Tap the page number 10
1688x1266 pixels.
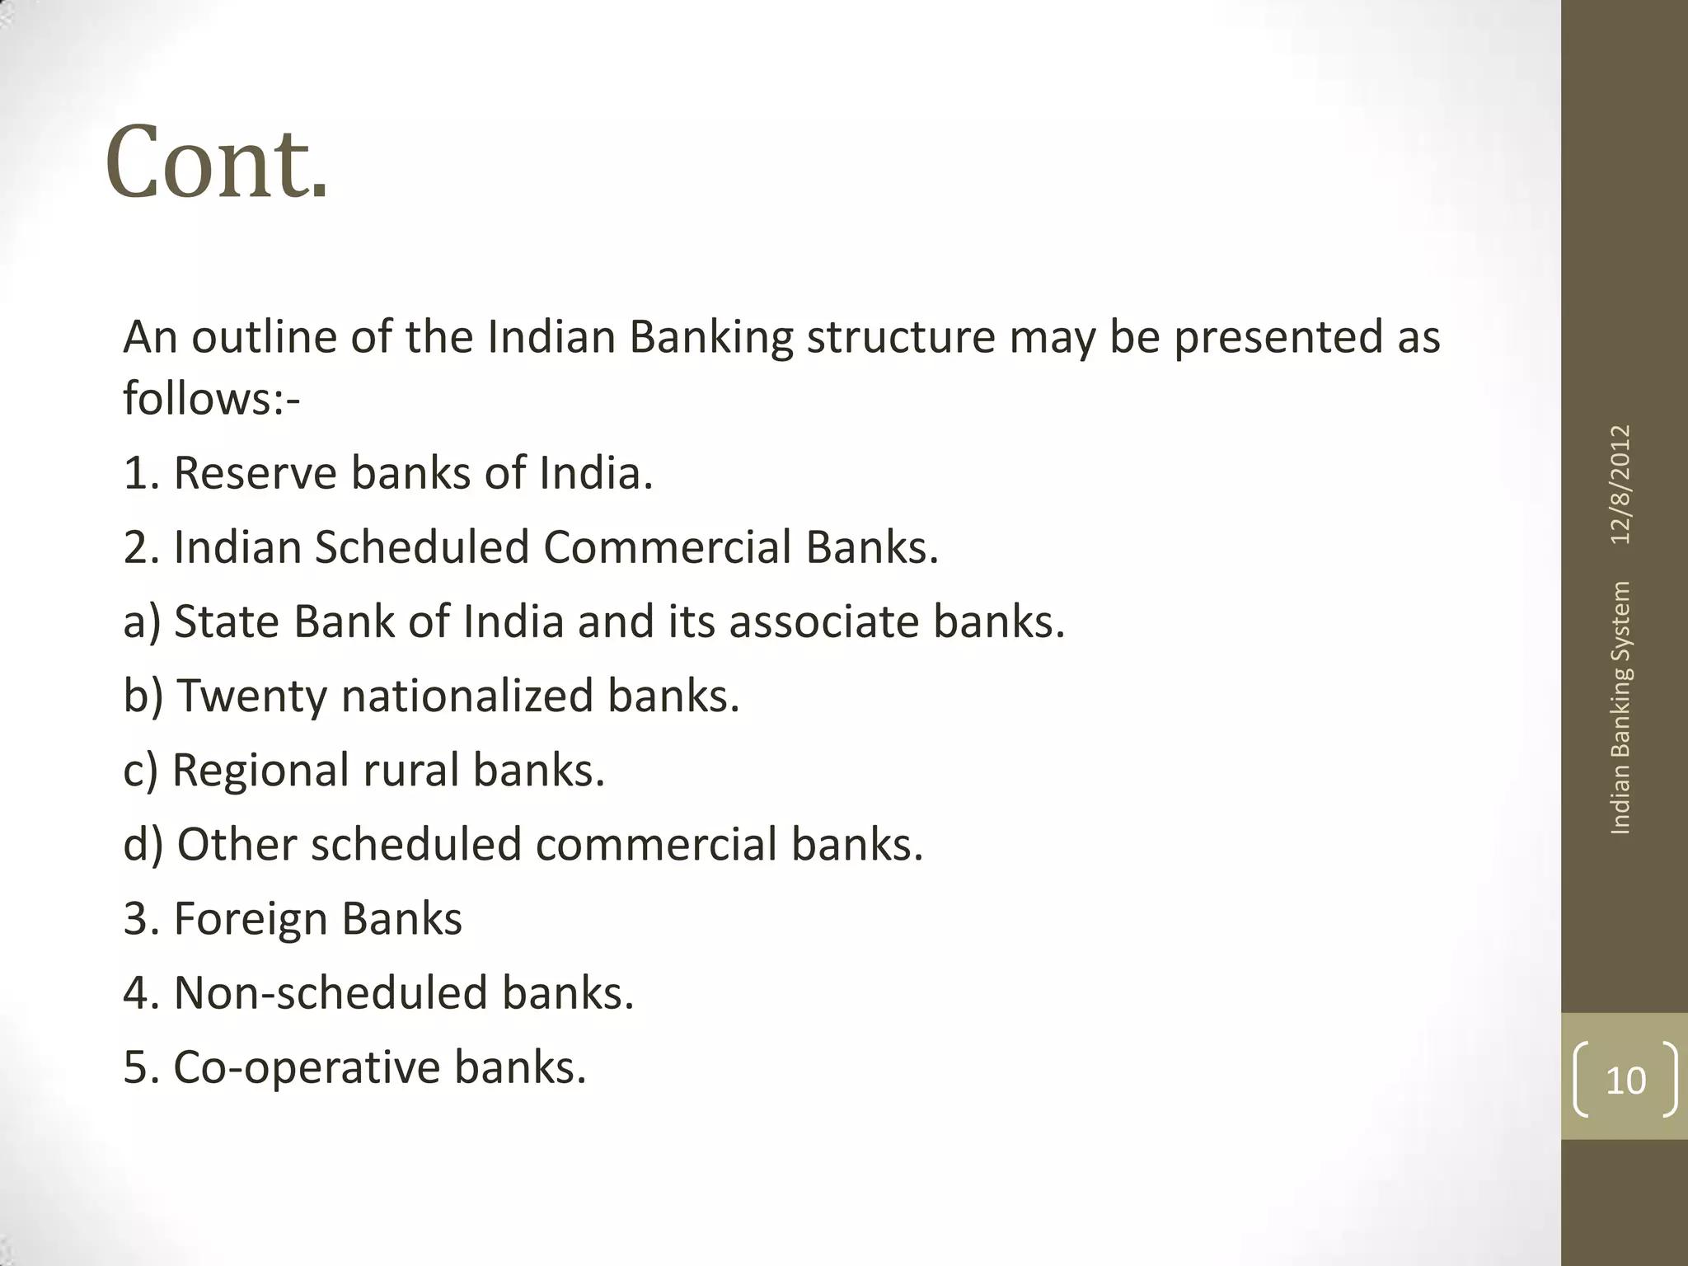coord(1625,1081)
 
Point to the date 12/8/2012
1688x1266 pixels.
coord(1620,485)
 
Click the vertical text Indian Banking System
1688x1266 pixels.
coord(1620,708)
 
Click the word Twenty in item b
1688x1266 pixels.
coord(252,696)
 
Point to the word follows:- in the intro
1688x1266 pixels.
coord(211,399)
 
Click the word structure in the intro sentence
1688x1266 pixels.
coord(900,337)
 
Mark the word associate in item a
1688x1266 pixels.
coord(823,621)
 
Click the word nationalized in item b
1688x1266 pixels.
coord(467,696)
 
